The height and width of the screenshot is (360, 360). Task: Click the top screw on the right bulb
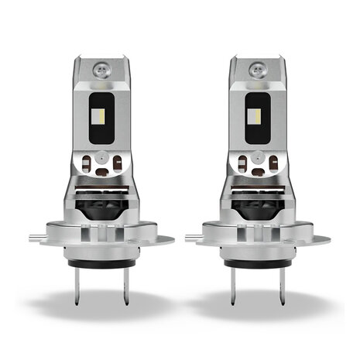click(255, 67)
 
